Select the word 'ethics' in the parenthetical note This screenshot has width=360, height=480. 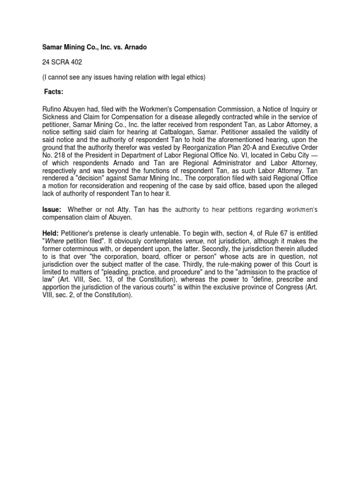pos(195,77)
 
